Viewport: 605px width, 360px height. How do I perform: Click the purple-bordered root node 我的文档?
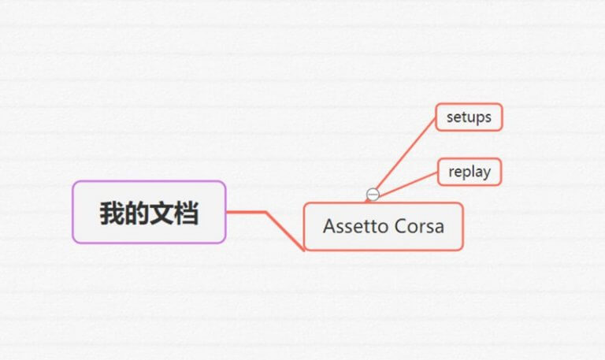149,212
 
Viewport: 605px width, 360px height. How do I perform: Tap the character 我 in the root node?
112,213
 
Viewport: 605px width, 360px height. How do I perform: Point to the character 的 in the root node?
137,213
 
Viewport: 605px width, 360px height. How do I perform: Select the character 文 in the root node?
161,213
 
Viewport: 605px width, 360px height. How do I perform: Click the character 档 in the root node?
187,213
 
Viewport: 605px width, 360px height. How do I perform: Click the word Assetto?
354,226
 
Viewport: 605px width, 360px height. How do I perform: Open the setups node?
469,117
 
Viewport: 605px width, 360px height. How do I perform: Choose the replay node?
470,172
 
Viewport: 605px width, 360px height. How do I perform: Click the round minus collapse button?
373,195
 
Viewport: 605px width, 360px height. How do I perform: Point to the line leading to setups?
406,154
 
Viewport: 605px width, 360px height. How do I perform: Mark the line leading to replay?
408,185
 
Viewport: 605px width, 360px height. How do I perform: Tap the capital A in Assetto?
330,226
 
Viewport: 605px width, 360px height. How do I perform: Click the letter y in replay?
487,173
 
